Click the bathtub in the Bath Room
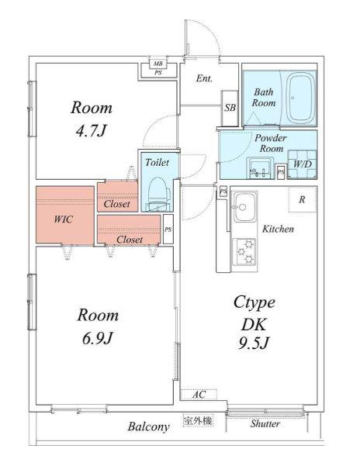coord(300,97)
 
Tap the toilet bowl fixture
coord(159,194)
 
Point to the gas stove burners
coord(244,252)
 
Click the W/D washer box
coord(303,164)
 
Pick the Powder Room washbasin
coord(260,168)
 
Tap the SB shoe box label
coord(230,108)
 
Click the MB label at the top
coord(158,64)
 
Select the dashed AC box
coord(199,395)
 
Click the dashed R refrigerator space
coord(303,199)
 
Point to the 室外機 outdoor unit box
coord(199,421)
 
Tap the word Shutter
coord(265,424)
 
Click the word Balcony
coord(148,426)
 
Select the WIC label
coord(64,219)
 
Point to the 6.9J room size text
coord(98,338)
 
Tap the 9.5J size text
coord(254,343)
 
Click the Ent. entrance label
coord(204,78)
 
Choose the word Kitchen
coord(278,229)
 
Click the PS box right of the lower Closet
coord(168,229)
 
